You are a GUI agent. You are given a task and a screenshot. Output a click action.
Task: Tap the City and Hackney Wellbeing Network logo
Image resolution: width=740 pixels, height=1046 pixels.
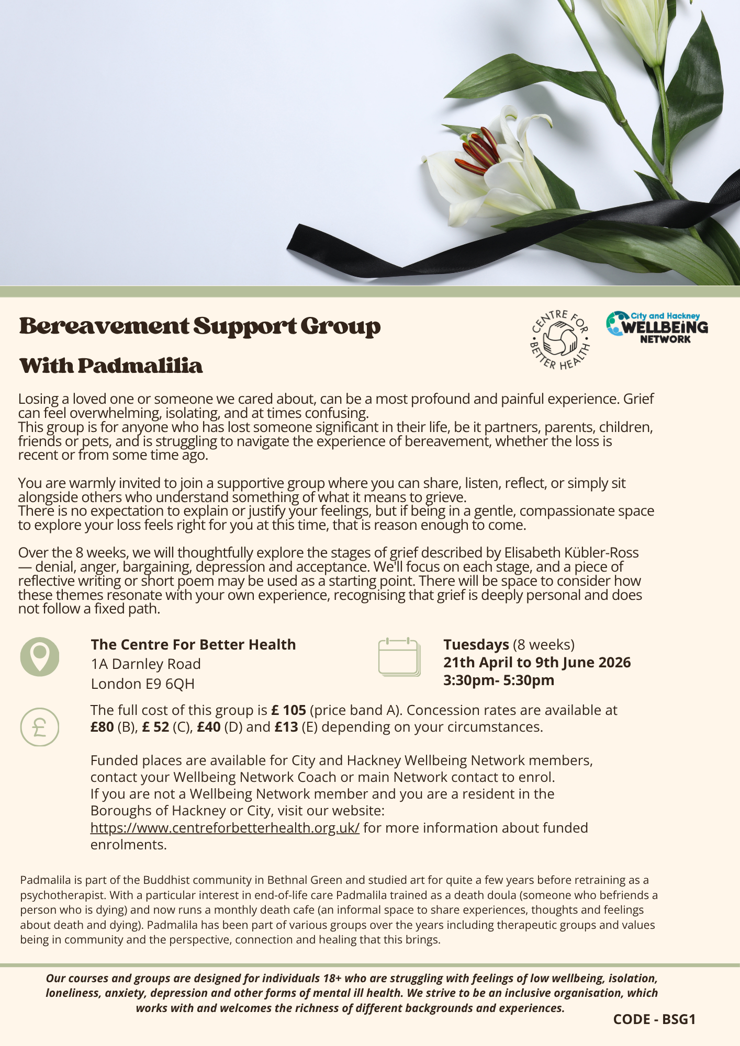657,327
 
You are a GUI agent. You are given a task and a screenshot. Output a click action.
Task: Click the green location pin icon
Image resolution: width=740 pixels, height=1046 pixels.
40,656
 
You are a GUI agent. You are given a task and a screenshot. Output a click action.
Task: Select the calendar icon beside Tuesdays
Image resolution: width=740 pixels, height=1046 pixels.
398,657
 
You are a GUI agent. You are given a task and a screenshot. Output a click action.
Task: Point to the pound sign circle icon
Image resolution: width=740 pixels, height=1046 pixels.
40,726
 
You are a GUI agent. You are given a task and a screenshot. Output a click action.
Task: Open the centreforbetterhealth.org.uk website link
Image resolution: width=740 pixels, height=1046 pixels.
225,828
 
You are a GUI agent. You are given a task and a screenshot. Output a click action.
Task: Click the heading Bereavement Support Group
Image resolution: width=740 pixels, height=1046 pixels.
199,326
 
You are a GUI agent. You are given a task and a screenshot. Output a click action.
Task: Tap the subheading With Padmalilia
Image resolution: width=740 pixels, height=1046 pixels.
110,366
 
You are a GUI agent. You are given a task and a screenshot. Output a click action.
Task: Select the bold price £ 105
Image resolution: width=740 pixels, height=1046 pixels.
288,710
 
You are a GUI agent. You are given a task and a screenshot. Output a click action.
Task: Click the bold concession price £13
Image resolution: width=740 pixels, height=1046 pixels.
286,727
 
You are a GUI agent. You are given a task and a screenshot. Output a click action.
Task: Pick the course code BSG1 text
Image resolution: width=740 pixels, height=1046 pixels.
654,1019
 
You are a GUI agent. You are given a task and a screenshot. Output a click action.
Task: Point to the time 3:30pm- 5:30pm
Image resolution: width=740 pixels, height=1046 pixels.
498,680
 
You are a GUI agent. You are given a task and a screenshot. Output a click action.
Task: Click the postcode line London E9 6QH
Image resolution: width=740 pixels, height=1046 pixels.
142,684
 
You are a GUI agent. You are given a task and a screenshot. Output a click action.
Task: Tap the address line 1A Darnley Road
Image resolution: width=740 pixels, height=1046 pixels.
145,664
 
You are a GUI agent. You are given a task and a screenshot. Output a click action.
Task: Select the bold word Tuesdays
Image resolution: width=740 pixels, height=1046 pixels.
476,644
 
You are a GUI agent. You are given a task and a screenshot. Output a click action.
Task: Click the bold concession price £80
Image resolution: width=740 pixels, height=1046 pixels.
102,727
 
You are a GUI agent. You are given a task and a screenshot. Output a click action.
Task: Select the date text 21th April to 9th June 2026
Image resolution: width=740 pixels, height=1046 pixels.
537,663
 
